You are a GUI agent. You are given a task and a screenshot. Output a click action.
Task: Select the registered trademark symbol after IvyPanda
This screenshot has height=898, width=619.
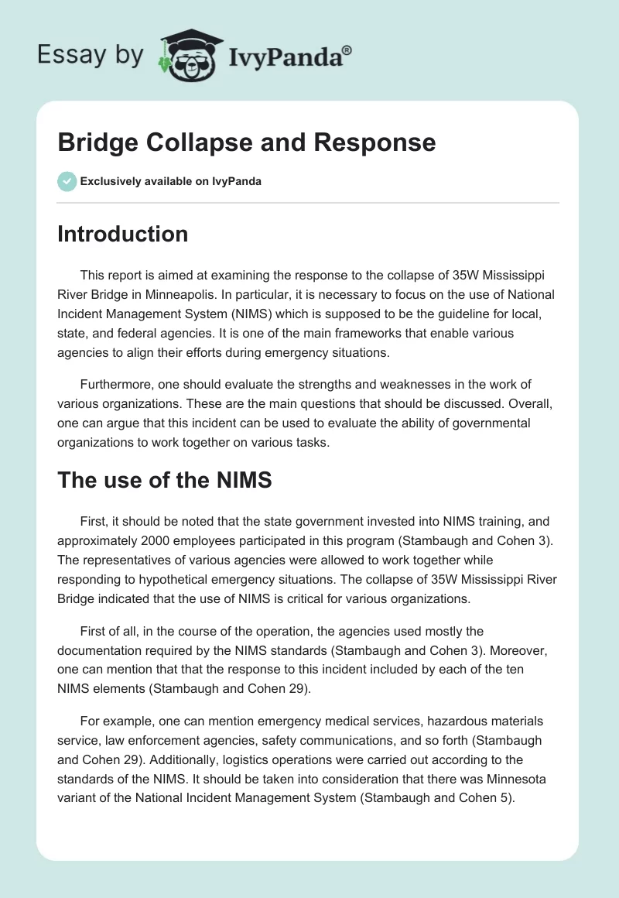coord(347,50)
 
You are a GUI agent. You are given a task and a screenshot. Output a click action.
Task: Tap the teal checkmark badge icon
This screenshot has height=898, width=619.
coord(67,181)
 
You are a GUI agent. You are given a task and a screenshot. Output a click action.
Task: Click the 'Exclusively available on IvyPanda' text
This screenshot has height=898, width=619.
coord(170,181)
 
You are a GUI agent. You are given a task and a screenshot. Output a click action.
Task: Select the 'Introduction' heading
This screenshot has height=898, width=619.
coord(122,234)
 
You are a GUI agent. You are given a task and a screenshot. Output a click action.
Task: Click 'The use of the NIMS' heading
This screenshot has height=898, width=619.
coord(164,480)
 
